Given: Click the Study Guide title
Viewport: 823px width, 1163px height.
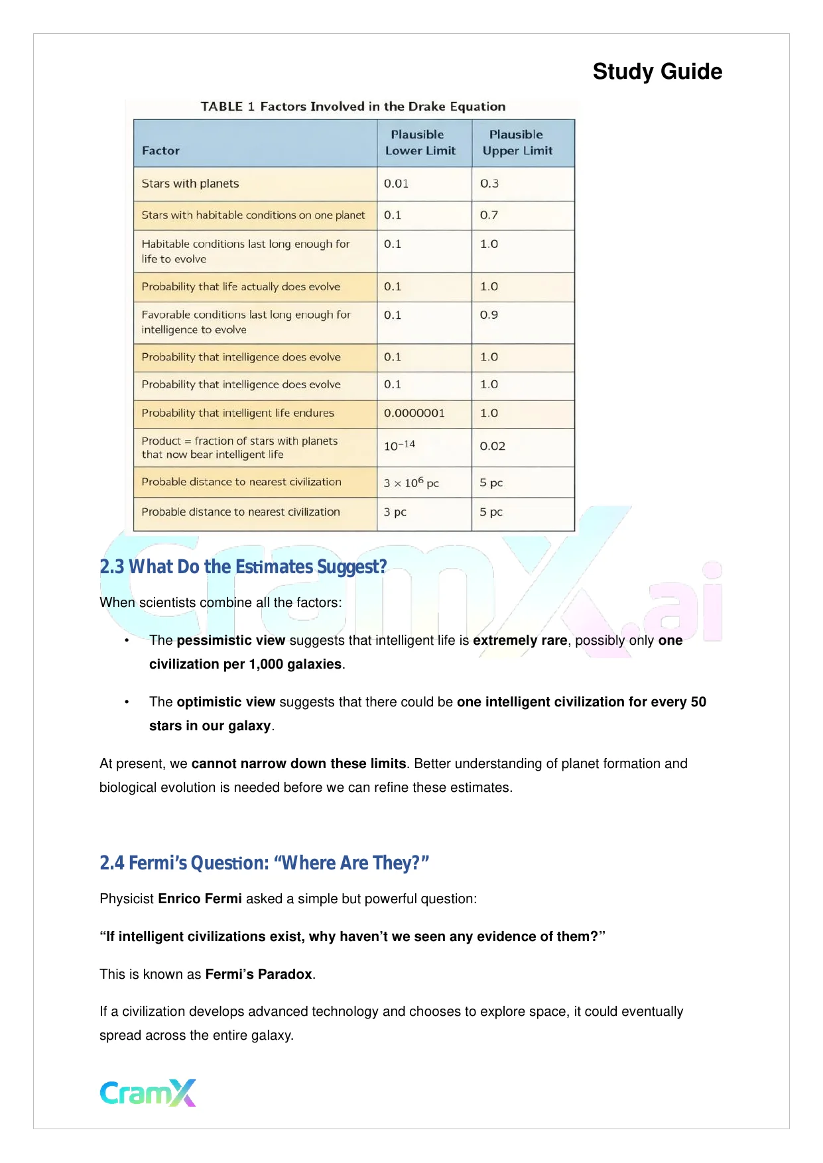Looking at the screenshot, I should point(657,72).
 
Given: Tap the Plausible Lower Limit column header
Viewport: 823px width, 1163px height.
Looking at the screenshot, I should point(420,142).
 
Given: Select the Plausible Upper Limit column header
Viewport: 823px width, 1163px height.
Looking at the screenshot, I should point(517,142).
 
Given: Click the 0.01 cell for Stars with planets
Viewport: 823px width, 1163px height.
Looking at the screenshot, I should point(397,184).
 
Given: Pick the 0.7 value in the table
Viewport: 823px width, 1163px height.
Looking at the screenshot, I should point(489,215).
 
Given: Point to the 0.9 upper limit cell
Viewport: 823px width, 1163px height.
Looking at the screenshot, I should point(489,315).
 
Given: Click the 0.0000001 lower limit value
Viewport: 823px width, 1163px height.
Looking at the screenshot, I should point(414,413).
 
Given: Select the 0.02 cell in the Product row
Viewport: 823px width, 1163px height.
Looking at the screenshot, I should point(493,446).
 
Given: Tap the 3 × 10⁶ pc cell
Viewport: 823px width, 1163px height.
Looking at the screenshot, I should point(411,483).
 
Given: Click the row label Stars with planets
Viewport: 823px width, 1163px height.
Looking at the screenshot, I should point(190,184).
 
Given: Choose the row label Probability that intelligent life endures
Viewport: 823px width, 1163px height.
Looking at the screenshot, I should point(237,413).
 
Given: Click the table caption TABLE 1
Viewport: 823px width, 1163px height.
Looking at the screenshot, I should point(353,107).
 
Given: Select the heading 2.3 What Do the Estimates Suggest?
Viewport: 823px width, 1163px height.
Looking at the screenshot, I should point(243,567).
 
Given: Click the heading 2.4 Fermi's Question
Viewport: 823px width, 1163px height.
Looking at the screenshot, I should point(264,863).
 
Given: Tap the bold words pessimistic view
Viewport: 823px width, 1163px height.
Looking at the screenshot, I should point(231,640).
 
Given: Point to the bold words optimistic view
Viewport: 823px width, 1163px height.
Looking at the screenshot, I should point(225,702).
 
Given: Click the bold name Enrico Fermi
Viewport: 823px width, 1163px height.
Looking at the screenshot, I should point(200,899).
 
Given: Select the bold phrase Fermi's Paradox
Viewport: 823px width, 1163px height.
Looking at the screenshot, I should point(259,974).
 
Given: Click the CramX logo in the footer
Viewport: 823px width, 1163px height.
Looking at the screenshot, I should point(148,1093).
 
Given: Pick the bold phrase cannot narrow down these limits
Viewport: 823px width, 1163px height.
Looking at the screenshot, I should point(298,763).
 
